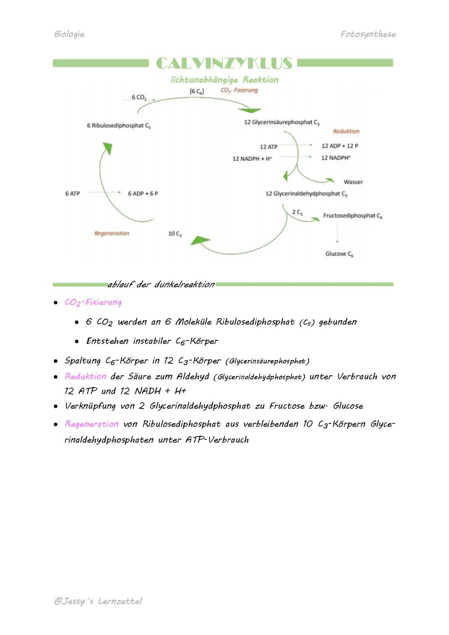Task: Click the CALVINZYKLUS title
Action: [224, 64]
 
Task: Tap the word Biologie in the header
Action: [69, 34]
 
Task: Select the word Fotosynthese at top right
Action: [368, 34]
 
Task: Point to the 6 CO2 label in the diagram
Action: [139, 97]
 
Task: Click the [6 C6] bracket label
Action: [197, 91]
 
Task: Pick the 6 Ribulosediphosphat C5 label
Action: [118, 126]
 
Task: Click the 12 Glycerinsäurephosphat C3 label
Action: [282, 122]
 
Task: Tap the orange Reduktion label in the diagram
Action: [346, 131]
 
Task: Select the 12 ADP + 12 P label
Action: [340, 146]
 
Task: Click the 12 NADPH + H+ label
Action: [252, 158]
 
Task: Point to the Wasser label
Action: [353, 182]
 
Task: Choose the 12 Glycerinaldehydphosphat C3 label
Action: [306, 194]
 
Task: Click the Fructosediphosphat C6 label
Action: [353, 216]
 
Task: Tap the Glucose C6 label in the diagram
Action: [339, 254]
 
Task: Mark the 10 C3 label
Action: [175, 234]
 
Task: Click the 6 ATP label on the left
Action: [72, 194]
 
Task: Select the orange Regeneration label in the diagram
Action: [111, 234]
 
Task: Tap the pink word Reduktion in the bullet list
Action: [86, 377]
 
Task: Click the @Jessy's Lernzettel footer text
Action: [98, 601]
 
